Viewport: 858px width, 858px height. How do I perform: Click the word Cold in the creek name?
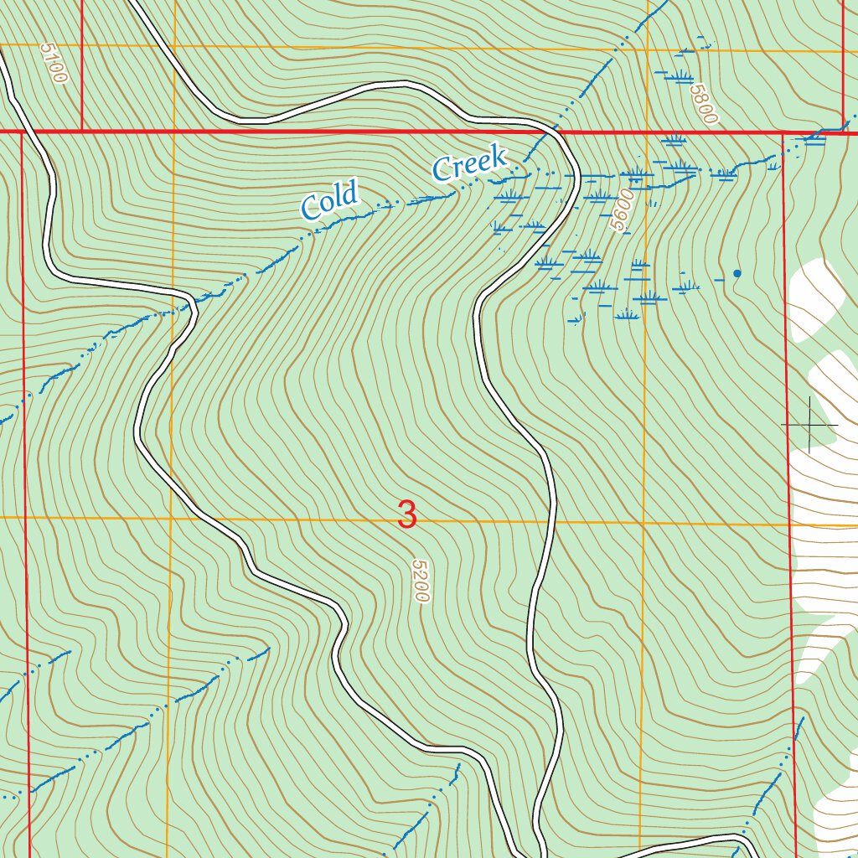pyautogui.click(x=329, y=199)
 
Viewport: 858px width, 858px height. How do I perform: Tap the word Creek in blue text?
pyautogui.click(x=469, y=162)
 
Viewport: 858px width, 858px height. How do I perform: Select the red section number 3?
pyautogui.click(x=407, y=514)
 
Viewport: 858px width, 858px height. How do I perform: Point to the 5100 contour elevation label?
pyautogui.click(x=53, y=64)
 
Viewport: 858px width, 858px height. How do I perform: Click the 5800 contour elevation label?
pyautogui.click(x=705, y=104)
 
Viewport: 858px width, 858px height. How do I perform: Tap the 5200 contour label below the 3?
pyautogui.click(x=420, y=581)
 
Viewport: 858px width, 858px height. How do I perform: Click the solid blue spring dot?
pyautogui.click(x=737, y=273)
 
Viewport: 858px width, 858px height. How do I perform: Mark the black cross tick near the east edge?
pyautogui.click(x=810, y=426)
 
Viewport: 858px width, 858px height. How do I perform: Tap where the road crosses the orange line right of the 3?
pyautogui.click(x=552, y=521)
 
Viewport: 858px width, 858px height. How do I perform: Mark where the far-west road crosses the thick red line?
pyautogui.click(x=16, y=132)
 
